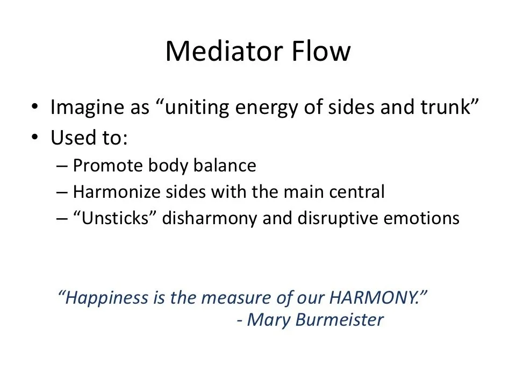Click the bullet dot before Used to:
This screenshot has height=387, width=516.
click(x=35, y=138)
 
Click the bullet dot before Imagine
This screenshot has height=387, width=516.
click(x=35, y=107)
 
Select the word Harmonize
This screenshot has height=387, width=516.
click(x=109, y=192)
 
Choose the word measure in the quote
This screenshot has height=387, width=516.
click(x=234, y=298)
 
